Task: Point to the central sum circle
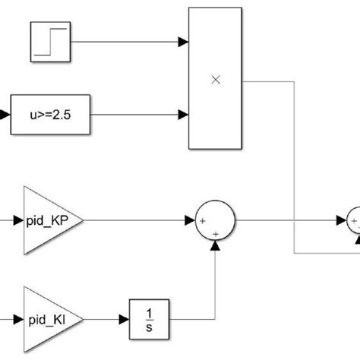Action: point(216,221)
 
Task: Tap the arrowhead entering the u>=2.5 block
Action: point(6,115)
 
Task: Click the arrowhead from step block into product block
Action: point(184,42)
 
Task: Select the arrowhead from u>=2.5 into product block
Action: point(184,115)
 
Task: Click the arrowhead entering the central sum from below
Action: point(216,244)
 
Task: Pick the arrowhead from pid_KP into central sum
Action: point(190,221)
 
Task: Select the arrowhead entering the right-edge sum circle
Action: point(342,221)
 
